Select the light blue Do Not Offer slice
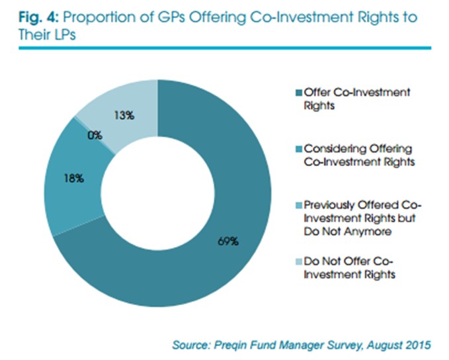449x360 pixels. (x=126, y=99)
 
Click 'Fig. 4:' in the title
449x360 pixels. (x=25, y=17)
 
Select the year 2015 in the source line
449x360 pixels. (x=416, y=345)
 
